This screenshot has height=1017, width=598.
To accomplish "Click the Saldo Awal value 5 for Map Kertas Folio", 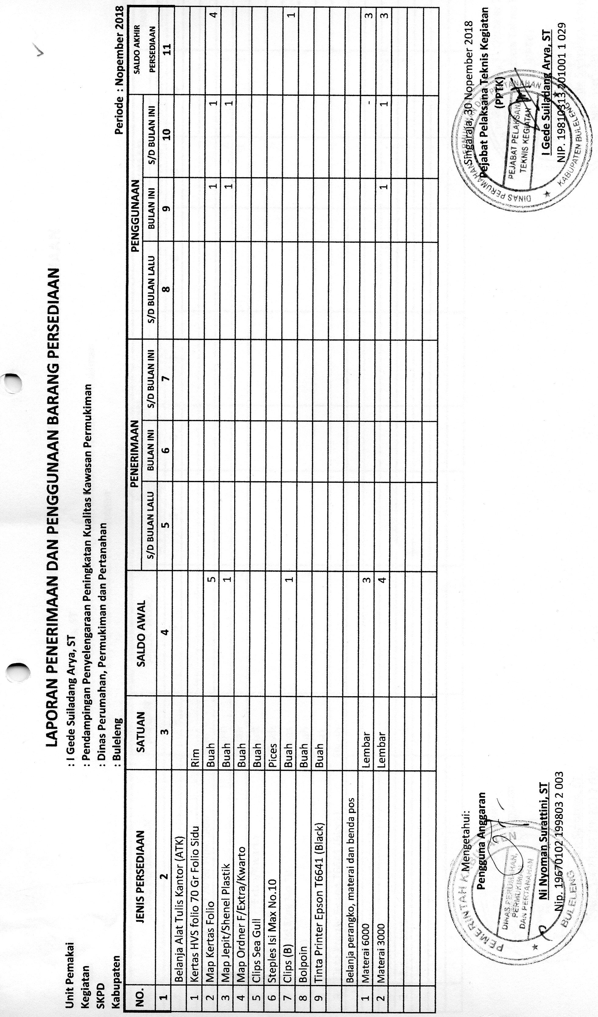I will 210,579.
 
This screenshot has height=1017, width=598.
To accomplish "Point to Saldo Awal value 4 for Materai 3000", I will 381,579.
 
